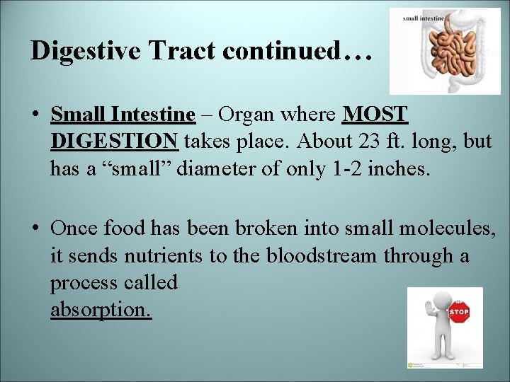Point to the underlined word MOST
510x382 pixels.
pyautogui.click(x=375, y=114)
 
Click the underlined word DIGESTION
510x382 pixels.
pyautogui.click(x=114, y=141)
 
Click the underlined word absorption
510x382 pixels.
pyautogui.click(x=101, y=311)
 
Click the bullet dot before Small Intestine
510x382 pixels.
pyautogui.click(x=35, y=115)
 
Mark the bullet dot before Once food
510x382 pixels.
pyautogui.click(x=35, y=228)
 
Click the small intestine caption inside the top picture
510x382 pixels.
pyautogui.click(x=423, y=18)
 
